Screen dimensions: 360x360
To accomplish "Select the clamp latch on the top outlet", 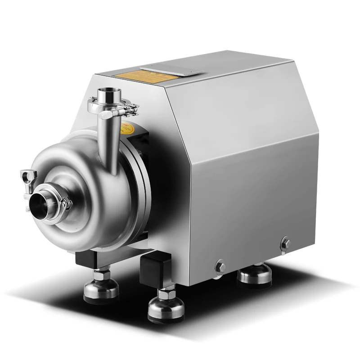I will click(x=131, y=108).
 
